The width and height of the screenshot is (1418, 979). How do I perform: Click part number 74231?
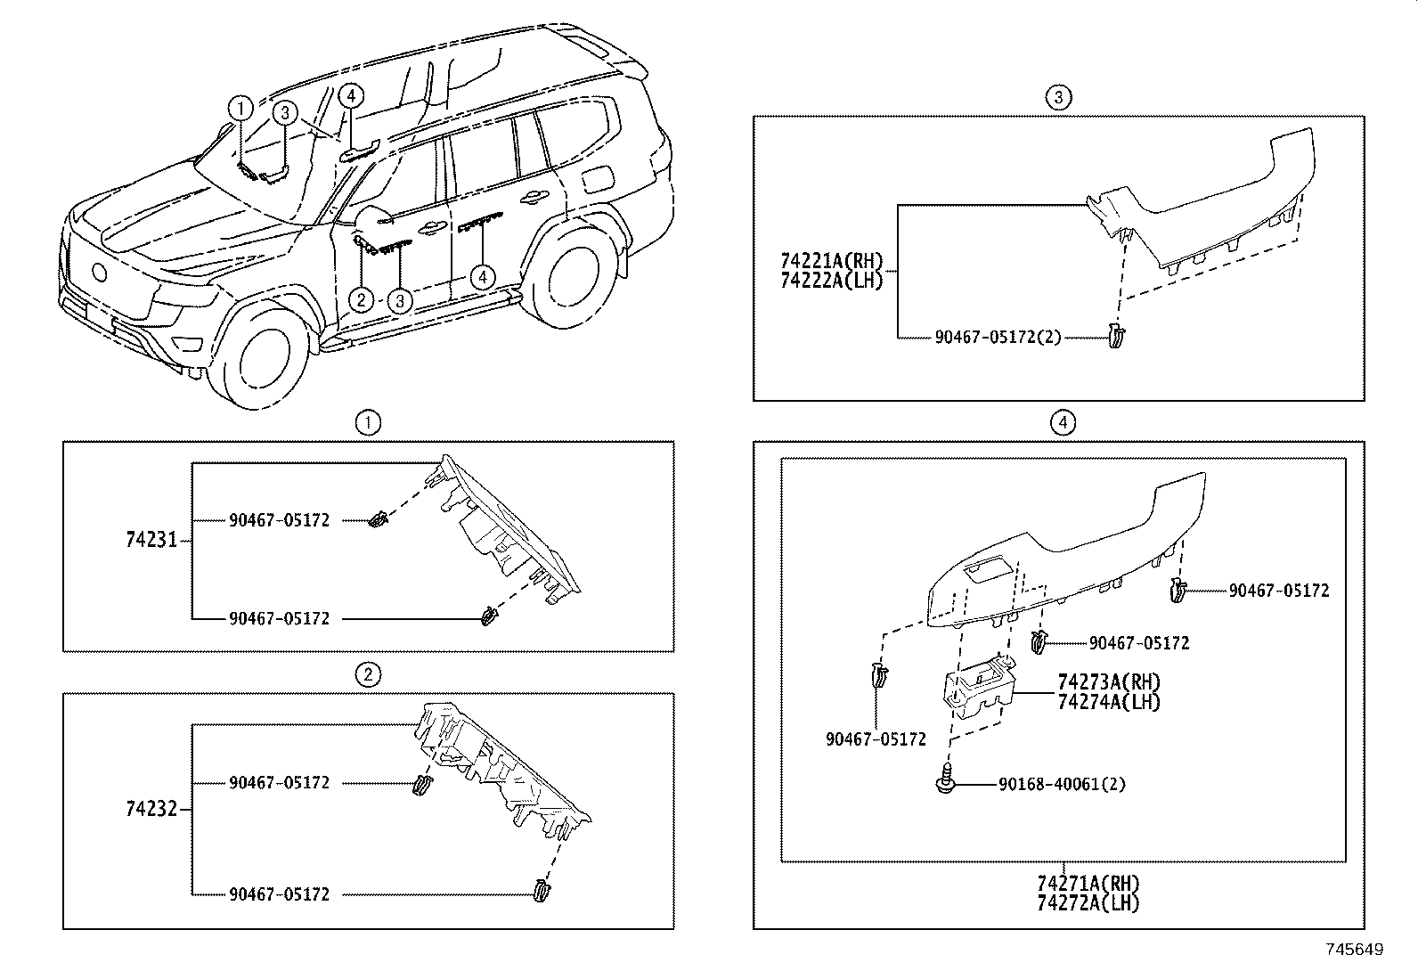click(151, 540)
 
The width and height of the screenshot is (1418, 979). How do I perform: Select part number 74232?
click(151, 809)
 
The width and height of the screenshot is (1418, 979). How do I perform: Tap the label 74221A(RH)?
click(830, 261)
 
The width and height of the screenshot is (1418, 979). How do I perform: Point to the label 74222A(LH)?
click(830, 280)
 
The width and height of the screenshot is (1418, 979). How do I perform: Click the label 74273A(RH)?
click(1109, 682)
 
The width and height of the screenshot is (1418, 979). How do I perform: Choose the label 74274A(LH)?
click(1109, 701)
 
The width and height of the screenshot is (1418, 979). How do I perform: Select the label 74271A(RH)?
click(1088, 884)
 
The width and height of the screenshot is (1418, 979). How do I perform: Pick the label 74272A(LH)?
click(1088, 902)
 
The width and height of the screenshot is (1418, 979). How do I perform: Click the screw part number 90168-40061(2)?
click(1062, 785)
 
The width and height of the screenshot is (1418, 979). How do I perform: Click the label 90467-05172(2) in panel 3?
click(998, 338)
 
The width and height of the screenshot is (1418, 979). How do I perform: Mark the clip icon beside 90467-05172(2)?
click(1117, 336)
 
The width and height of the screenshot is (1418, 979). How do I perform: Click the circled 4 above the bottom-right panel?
click(1062, 422)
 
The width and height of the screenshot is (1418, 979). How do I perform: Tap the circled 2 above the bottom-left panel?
click(367, 674)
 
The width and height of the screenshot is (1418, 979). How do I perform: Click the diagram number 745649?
click(1354, 950)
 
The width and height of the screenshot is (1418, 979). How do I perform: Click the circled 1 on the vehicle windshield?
click(240, 108)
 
